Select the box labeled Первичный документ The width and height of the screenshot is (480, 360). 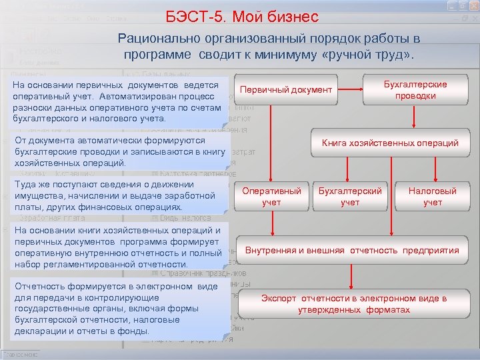(285, 89)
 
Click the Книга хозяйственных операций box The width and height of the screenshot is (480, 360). (389, 143)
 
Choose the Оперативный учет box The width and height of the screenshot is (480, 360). (271, 196)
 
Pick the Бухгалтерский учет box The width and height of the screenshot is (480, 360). (350, 196)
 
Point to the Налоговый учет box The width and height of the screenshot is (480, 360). (432, 196)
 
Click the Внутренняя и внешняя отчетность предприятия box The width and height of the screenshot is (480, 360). (352, 251)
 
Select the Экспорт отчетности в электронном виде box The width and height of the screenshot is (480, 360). (353, 305)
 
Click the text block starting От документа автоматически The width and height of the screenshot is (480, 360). (120, 152)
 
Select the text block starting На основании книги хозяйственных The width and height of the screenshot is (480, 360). (121, 247)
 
